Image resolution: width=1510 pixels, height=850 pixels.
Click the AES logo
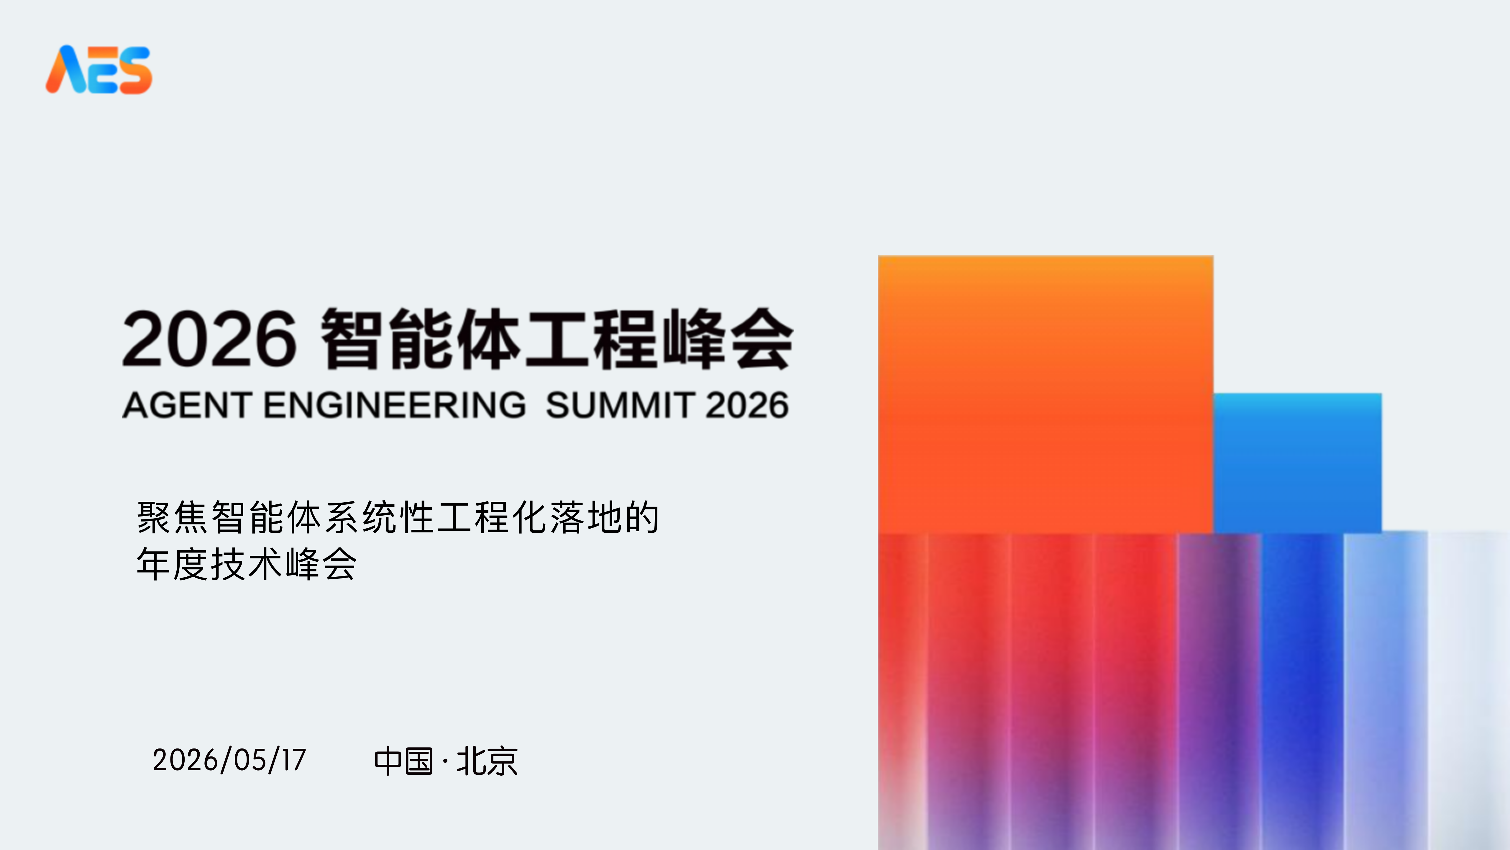(x=99, y=69)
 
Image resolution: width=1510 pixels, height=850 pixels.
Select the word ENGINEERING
(x=395, y=405)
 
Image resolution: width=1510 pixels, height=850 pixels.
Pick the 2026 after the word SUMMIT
(x=747, y=405)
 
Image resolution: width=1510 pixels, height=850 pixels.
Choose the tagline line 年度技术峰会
(x=246, y=564)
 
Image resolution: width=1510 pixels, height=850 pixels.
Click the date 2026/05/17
(x=229, y=760)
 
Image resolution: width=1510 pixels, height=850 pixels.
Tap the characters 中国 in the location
(x=403, y=761)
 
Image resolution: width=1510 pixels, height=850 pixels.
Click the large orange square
(x=1045, y=394)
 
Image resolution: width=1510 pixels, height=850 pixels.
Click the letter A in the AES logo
(x=68, y=69)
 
